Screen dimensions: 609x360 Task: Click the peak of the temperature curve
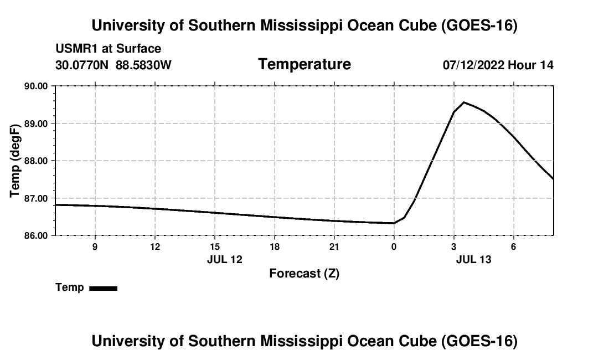point(464,102)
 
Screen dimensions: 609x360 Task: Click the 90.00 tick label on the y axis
point(36,86)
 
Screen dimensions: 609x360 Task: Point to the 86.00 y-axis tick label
point(36,236)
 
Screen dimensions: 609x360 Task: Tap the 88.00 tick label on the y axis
point(36,161)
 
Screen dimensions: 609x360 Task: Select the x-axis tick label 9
point(95,246)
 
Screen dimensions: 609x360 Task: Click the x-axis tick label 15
point(215,246)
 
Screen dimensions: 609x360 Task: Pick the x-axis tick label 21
point(334,246)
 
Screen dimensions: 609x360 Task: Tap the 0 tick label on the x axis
point(394,246)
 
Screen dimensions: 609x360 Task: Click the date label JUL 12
point(224,259)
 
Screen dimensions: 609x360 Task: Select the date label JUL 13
point(473,259)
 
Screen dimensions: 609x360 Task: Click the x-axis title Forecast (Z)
point(304,274)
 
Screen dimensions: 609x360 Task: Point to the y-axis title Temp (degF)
point(15,161)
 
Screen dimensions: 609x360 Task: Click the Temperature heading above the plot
point(304,64)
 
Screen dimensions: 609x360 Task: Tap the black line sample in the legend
point(104,289)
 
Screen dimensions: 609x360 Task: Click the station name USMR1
point(77,49)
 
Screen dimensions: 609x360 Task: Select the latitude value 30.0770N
point(82,65)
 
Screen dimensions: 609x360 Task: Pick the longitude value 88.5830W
point(143,65)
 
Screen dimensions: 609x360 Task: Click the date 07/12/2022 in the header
point(473,65)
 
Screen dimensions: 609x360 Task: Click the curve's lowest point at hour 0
point(394,223)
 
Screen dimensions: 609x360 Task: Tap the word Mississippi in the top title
point(301,25)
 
